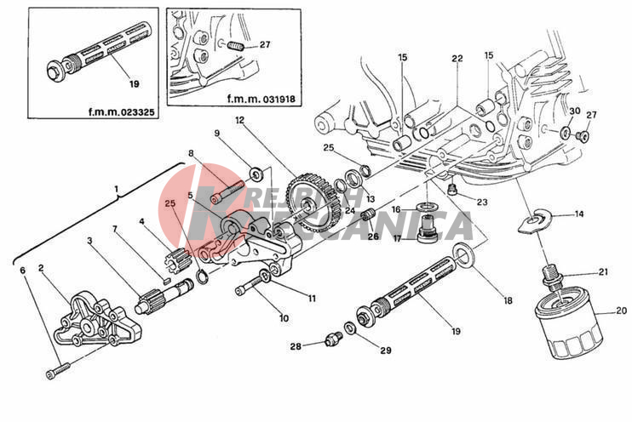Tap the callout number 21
602,272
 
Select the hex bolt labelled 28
333,339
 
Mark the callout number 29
386,351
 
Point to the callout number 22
457,59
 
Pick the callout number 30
574,111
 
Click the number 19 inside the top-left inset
132,83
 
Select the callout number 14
578,214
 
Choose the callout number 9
217,134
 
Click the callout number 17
397,238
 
